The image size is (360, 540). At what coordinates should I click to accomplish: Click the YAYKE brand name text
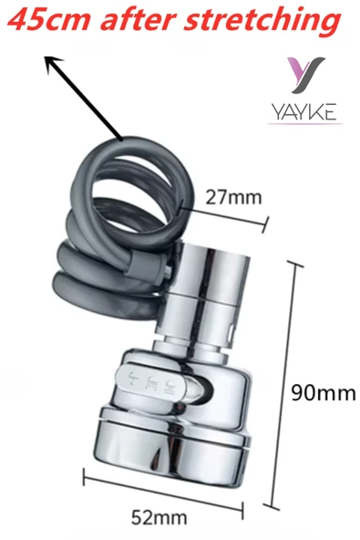click(x=304, y=112)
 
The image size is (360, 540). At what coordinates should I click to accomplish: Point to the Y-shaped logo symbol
click(x=305, y=75)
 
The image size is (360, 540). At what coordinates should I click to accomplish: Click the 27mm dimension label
click(x=233, y=198)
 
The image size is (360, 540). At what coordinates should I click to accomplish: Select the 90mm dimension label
click(x=324, y=392)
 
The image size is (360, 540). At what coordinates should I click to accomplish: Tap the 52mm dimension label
click(x=159, y=517)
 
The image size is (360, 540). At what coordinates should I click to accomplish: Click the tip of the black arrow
click(x=46, y=57)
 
